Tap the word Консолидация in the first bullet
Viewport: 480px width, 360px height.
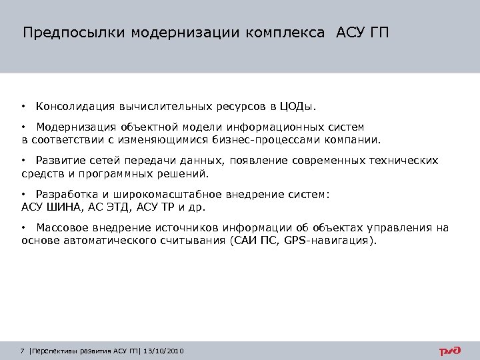[x=75, y=106]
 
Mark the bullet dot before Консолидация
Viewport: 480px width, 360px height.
[x=23, y=106]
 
